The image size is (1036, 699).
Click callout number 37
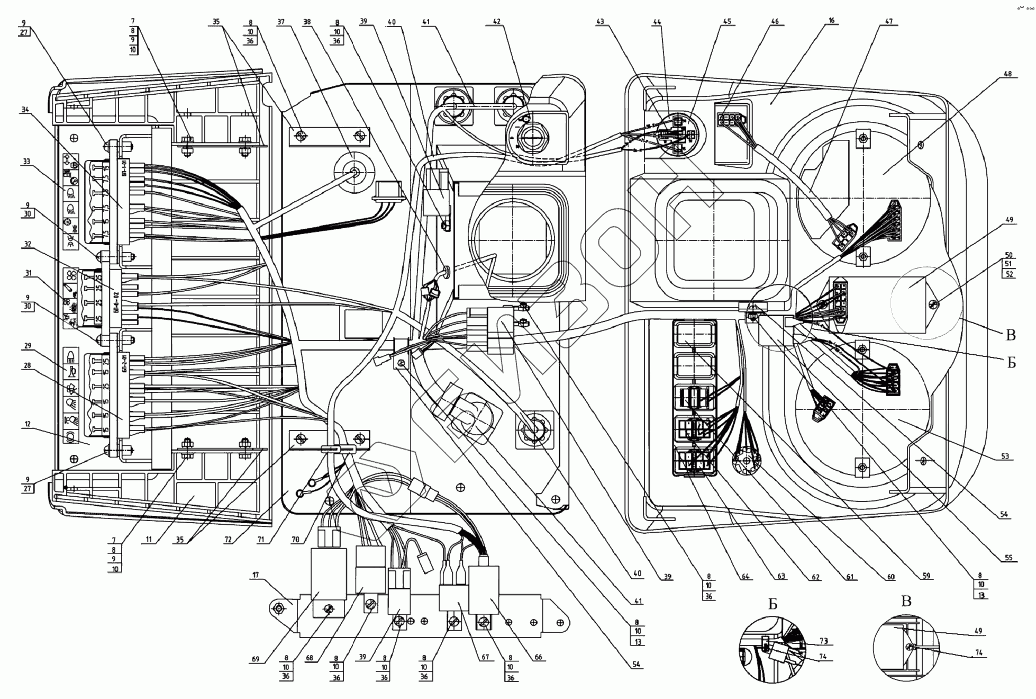(280, 22)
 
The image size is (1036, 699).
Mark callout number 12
(28, 424)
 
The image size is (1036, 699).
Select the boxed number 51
(1008, 264)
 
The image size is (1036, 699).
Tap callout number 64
(745, 577)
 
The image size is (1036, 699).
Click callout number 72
(228, 540)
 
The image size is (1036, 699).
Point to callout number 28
(28, 365)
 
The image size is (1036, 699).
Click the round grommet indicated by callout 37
(353, 172)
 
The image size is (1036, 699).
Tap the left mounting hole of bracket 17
(279, 608)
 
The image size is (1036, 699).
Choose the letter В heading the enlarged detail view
(906, 601)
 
